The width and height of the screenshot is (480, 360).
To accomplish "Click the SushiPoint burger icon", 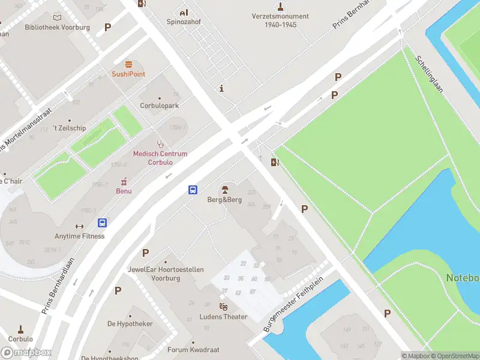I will point(128,64).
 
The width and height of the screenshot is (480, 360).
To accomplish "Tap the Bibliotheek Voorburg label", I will point(57,28).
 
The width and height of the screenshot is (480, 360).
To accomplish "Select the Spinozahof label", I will point(183,22).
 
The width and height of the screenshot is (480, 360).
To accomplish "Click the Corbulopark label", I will point(159,106).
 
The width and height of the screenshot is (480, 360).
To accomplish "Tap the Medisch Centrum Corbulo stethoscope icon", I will point(160,143).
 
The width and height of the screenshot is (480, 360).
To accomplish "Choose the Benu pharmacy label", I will point(124,191).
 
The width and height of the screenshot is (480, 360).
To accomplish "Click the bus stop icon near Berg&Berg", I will point(193,190).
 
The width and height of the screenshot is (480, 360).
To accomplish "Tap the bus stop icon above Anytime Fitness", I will point(103,223).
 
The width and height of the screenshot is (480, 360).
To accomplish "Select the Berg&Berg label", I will point(224,200).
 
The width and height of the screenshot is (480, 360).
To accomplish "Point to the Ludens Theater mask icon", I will point(223,307).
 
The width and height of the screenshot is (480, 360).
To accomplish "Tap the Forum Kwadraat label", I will point(193,350).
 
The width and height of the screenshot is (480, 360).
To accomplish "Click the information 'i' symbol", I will point(222,88).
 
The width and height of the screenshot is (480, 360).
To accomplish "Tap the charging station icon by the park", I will point(275,162).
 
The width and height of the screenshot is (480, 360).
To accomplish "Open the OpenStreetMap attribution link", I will point(455,356).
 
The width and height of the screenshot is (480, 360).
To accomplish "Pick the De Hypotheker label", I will point(130,324).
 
